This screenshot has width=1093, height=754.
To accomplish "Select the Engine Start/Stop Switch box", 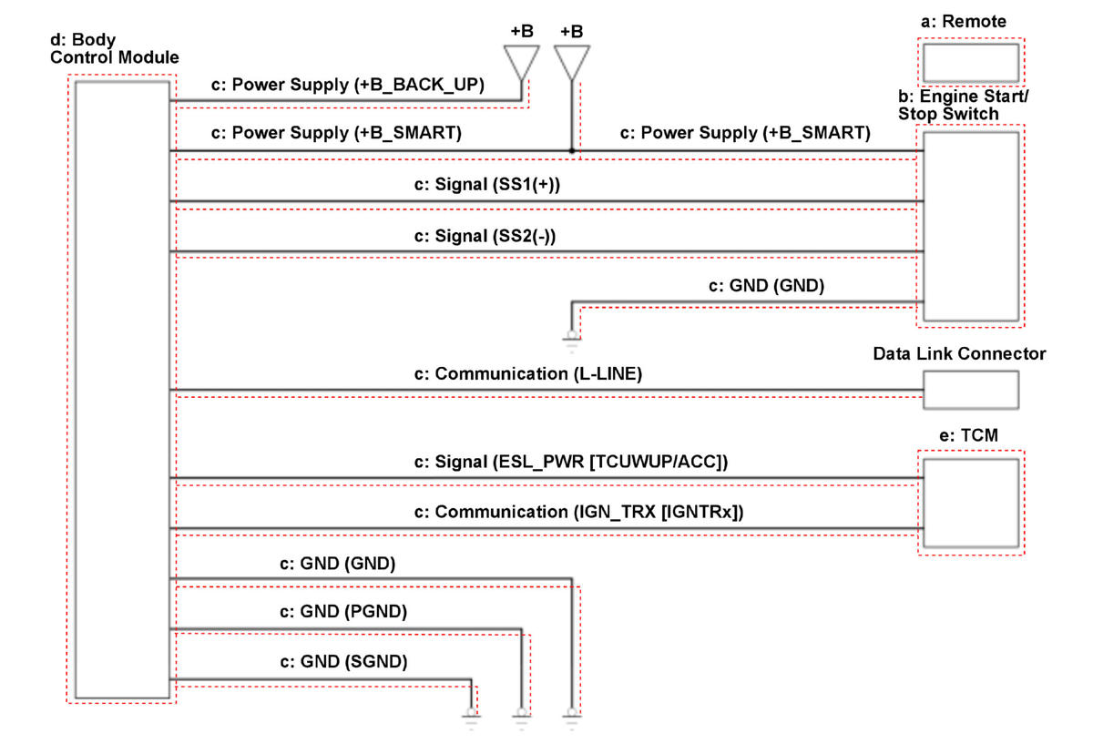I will pyautogui.click(x=971, y=226).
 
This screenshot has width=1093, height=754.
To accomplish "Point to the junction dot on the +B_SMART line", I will pyautogui.click(x=571, y=150).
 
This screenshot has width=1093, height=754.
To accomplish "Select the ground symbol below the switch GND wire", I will pyautogui.click(x=571, y=340).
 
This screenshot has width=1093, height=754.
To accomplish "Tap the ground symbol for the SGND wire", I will pyautogui.click(x=471, y=716).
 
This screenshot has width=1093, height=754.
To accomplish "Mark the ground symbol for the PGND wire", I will pyautogui.click(x=522, y=716).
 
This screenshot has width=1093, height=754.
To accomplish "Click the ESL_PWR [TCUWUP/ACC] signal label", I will pyautogui.click(x=570, y=462).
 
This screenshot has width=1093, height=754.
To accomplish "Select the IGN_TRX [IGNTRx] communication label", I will pyautogui.click(x=579, y=512).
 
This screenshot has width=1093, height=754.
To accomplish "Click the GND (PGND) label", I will pyautogui.click(x=343, y=611).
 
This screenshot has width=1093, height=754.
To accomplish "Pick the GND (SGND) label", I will pyautogui.click(x=343, y=662).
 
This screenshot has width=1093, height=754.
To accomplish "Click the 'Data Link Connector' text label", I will pyautogui.click(x=959, y=353).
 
